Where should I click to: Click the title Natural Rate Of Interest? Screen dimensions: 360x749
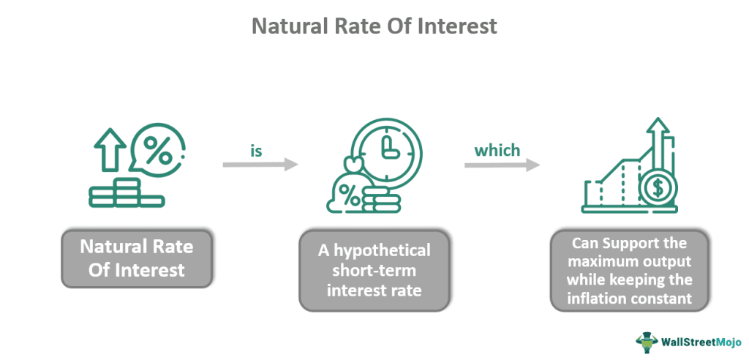click(374, 26)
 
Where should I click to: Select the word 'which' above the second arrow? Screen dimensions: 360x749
click(497, 151)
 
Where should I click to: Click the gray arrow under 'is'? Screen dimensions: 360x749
click(260, 165)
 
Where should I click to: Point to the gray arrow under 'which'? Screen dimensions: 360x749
click(502, 165)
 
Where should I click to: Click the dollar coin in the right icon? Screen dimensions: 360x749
click(656, 190)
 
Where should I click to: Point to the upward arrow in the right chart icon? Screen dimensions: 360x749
click(660, 146)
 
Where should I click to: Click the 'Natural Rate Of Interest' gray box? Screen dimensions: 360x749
click(136, 259)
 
